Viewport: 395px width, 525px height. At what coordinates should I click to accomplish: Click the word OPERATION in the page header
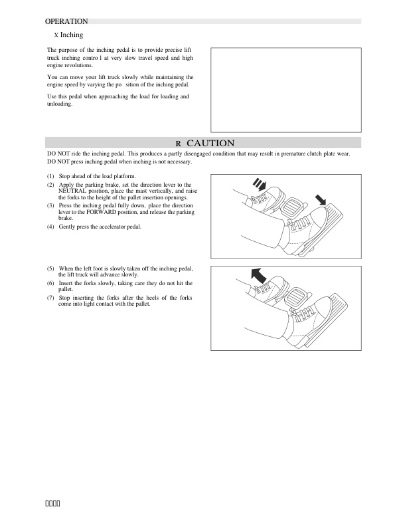[66, 21]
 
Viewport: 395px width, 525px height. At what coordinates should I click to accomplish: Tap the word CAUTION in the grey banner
[210, 143]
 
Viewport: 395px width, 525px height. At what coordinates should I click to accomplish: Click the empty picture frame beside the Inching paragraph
[285, 90]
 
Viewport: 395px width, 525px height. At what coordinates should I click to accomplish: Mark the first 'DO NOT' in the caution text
[59, 154]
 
